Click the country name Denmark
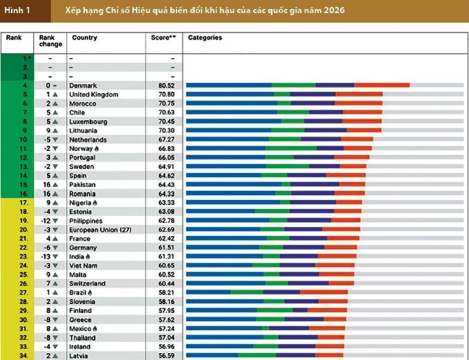83,86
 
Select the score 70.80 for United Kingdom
166,94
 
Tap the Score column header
163,38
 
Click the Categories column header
205,38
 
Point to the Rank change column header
50,41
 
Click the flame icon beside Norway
97,148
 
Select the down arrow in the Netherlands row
55,139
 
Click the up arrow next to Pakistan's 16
55,185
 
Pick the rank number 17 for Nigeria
24,203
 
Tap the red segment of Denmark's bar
382,86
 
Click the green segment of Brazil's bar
247,292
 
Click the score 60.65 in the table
166,266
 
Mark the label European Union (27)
100,230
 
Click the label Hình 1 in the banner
17,10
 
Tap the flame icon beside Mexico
94,328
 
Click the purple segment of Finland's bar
300,310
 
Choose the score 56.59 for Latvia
166,356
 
